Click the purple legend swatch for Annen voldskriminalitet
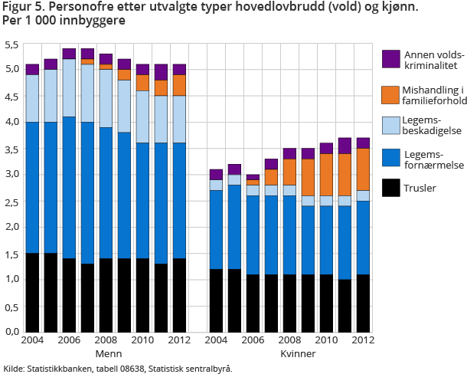tap(390, 58)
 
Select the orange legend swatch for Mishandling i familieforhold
tap(390, 95)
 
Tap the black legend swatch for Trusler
tap(390, 187)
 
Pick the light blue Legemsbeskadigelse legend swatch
tap(390, 126)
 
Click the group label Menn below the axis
tap(107, 354)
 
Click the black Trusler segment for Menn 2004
tap(32, 292)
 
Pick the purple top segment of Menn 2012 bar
tap(179, 70)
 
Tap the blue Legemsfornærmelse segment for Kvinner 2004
tap(216, 230)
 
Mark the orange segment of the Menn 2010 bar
tap(142, 83)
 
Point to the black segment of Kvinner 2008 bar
tap(290, 303)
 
